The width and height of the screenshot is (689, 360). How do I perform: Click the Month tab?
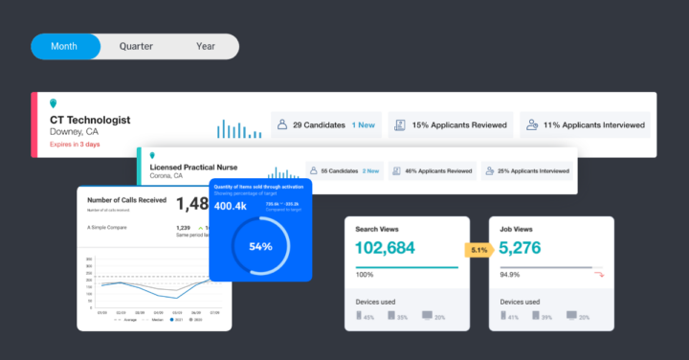[x=64, y=46]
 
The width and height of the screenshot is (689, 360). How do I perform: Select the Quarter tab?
[x=136, y=46]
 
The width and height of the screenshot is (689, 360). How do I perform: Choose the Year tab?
[x=206, y=46]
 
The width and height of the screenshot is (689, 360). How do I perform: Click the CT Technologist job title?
[x=91, y=120]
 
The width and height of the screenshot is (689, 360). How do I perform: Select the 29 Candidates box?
[x=325, y=124]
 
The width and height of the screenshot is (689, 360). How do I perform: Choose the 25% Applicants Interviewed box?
[x=527, y=171]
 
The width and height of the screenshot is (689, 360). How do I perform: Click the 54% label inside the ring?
[x=260, y=246]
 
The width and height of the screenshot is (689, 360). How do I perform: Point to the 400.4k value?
[x=231, y=206]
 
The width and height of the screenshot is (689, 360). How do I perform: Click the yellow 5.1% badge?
[x=478, y=251]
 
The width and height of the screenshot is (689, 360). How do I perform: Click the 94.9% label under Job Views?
[x=511, y=275]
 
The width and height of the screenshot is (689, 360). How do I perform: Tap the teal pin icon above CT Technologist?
[x=54, y=102]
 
